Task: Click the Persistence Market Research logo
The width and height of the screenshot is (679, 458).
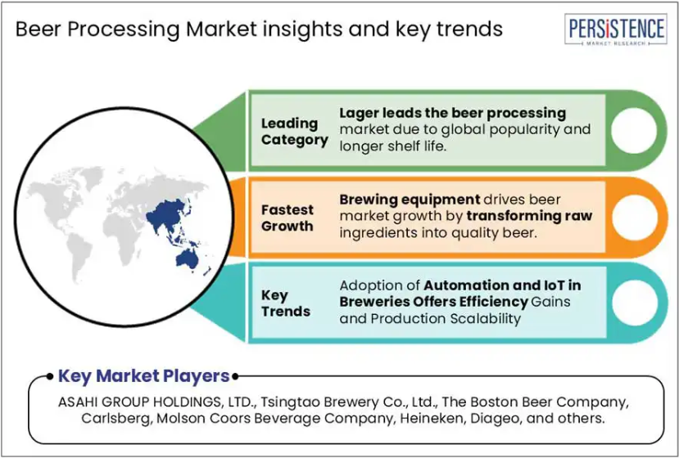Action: point(615,29)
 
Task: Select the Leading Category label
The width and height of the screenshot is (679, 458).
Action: point(295,132)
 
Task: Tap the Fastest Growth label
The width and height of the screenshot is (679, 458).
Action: point(287,218)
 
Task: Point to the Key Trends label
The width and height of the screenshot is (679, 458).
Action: point(286,303)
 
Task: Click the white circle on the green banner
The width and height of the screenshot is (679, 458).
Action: point(635,131)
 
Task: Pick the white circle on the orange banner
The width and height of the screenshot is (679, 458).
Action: point(635,218)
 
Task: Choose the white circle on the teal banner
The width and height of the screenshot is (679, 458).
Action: point(635,303)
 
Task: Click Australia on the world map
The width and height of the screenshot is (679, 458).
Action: point(187,259)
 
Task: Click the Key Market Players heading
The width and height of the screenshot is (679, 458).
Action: point(144,376)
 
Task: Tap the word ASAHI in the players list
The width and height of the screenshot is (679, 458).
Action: point(77,402)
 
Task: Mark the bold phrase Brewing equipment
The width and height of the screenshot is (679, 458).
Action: point(410,200)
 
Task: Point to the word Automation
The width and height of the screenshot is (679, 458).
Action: point(459,285)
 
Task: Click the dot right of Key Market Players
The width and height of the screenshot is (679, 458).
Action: point(235,377)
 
